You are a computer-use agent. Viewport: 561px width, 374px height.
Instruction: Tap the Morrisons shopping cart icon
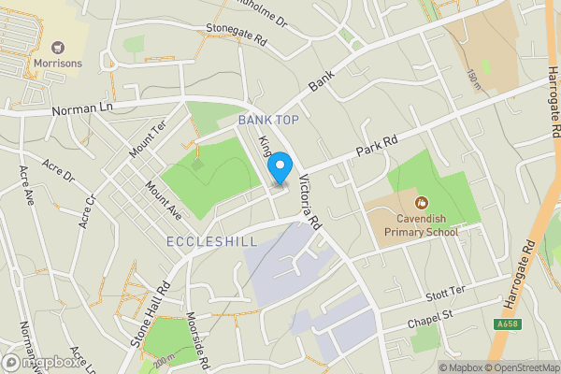point(59,47)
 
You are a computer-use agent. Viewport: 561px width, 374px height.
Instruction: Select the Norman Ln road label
point(82,108)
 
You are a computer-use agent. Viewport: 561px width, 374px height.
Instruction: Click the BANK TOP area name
point(268,120)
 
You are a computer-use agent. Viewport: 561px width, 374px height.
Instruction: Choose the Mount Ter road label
point(147,140)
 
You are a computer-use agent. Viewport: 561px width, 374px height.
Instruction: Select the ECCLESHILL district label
point(211,242)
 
